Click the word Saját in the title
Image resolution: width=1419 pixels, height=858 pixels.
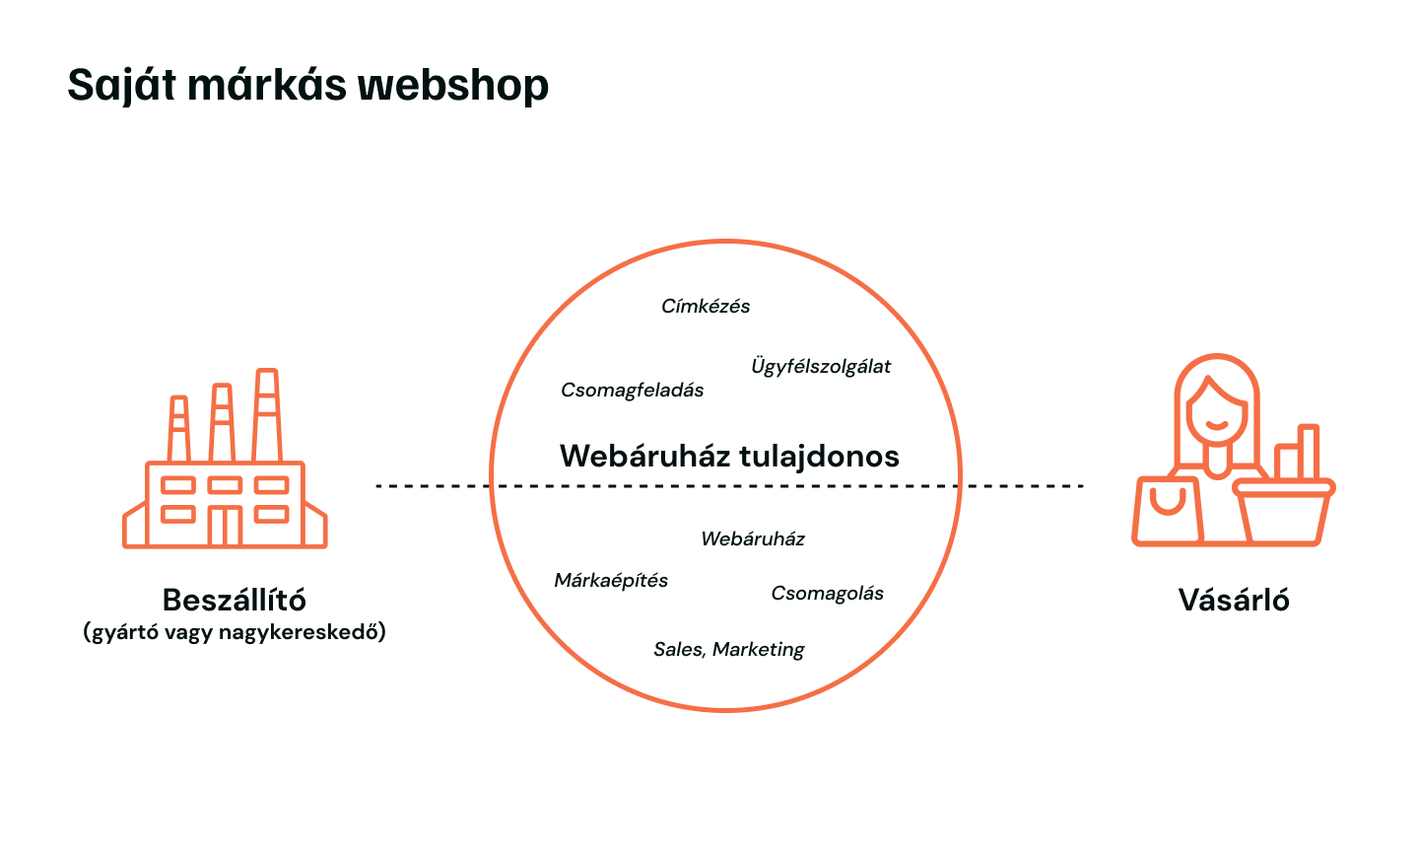coord(121,86)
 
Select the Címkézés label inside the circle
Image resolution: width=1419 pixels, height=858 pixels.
coord(706,307)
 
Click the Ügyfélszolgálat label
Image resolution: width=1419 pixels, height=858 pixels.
coord(821,367)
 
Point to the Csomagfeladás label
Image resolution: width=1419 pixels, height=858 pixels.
coord(633,391)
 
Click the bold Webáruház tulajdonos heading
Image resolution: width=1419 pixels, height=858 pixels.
coord(729,456)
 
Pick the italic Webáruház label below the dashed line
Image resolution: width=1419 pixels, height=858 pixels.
coord(753,539)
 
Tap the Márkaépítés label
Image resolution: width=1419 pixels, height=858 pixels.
coord(611,581)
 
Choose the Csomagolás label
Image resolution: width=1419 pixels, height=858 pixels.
coord(827,594)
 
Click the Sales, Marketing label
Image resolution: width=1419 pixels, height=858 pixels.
coord(729,650)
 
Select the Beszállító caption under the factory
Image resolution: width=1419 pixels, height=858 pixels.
coord(235,600)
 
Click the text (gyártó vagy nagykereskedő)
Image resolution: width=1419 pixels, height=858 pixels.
coord(235,632)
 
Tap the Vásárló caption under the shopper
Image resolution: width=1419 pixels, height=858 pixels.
coord(1234,600)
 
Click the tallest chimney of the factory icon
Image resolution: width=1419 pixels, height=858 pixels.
coord(266,414)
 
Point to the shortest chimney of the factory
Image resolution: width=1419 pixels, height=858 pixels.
coord(178,429)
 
